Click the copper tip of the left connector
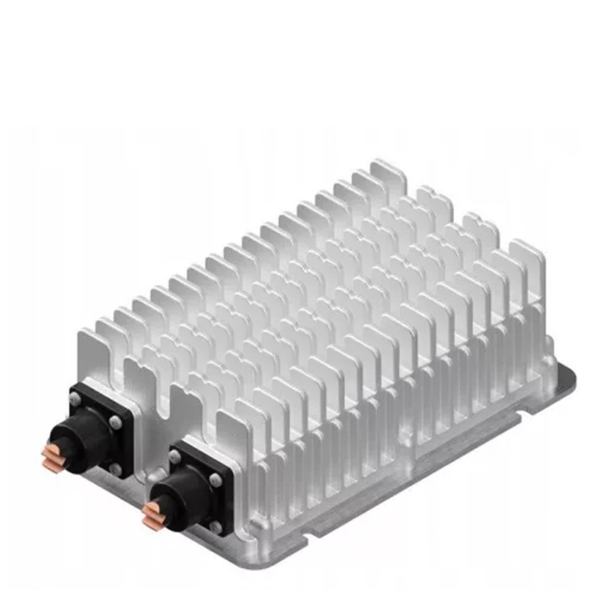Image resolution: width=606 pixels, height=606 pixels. (x=50, y=457)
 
